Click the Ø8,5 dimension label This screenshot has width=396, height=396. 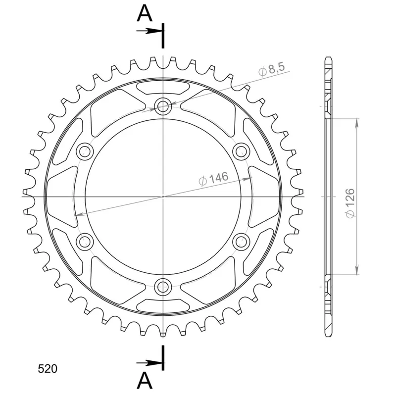[x=272, y=69]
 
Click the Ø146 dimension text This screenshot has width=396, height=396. [x=213, y=178]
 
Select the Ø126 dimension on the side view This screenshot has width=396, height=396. [x=350, y=203]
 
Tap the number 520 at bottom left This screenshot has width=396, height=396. [x=48, y=369]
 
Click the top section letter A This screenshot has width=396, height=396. [x=145, y=13]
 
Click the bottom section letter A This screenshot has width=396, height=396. [x=145, y=381]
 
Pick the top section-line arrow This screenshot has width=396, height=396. [x=149, y=31]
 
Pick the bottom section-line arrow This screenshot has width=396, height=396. [x=149, y=363]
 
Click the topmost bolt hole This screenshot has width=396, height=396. [x=163, y=106]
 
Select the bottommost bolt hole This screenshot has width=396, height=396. [x=163, y=287]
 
